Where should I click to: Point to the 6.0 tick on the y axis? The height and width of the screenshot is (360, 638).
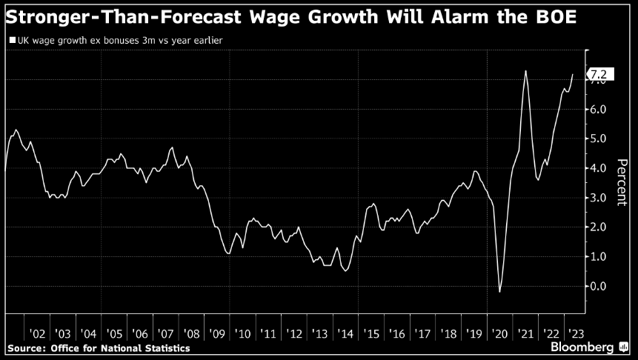(598, 110)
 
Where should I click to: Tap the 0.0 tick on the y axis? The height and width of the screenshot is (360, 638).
(598, 286)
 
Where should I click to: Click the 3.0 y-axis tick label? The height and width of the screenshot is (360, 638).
(598, 198)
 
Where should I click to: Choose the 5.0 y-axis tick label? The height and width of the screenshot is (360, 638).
(598, 139)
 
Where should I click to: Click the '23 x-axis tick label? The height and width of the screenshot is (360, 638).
(575, 334)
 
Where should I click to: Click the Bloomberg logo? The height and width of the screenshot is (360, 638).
(585, 347)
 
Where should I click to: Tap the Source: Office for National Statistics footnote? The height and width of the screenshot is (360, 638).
(98, 348)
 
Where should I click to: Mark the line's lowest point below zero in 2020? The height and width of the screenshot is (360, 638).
(500, 292)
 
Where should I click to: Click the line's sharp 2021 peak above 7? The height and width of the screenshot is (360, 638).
(525, 71)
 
